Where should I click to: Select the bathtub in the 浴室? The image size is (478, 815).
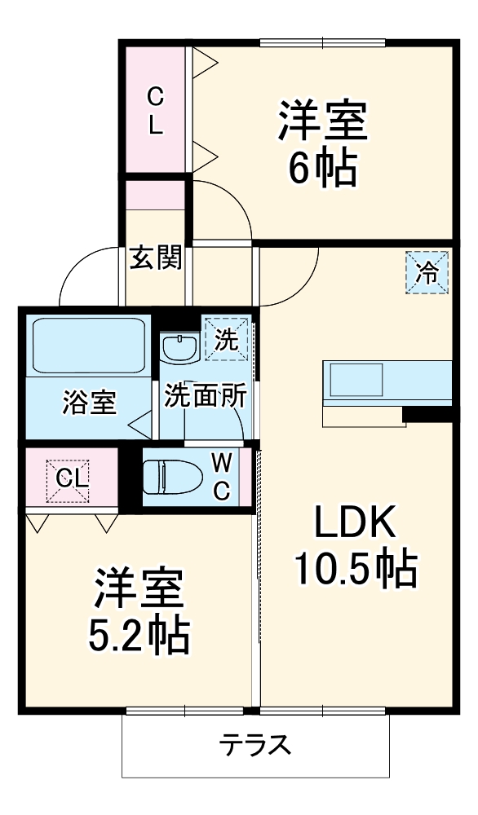click(x=87, y=346)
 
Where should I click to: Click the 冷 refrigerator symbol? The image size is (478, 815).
click(x=427, y=273)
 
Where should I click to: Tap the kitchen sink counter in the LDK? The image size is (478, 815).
click(x=387, y=381)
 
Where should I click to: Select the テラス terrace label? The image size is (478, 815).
click(x=254, y=744)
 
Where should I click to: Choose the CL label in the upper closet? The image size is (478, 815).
click(x=154, y=112)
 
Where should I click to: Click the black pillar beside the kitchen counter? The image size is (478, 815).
click(x=427, y=415)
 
